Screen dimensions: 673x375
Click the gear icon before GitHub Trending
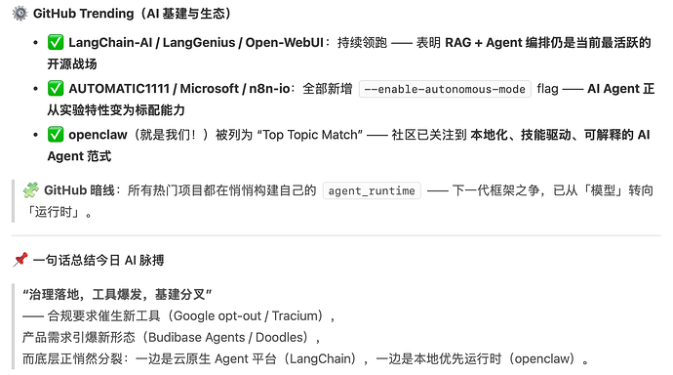[x=20, y=14]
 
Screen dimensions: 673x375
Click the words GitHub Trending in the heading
[x=83, y=14]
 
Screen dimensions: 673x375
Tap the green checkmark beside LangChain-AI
[x=56, y=42]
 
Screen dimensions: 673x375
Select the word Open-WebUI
[x=284, y=43]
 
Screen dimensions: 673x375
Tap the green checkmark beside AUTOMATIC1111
[x=56, y=88]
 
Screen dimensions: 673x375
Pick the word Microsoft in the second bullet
[x=209, y=89]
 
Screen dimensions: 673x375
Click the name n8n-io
[x=269, y=89]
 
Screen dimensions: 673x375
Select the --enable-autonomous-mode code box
[x=445, y=89]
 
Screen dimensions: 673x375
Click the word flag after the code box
[x=547, y=89]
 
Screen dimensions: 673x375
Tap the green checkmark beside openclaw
[x=56, y=134]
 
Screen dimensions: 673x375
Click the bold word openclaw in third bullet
[x=98, y=135]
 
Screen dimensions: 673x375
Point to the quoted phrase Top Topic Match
[x=309, y=135]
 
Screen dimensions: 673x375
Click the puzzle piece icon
[x=30, y=189]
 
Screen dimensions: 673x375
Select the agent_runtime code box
[x=372, y=190]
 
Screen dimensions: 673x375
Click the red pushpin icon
[x=20, y=260]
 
